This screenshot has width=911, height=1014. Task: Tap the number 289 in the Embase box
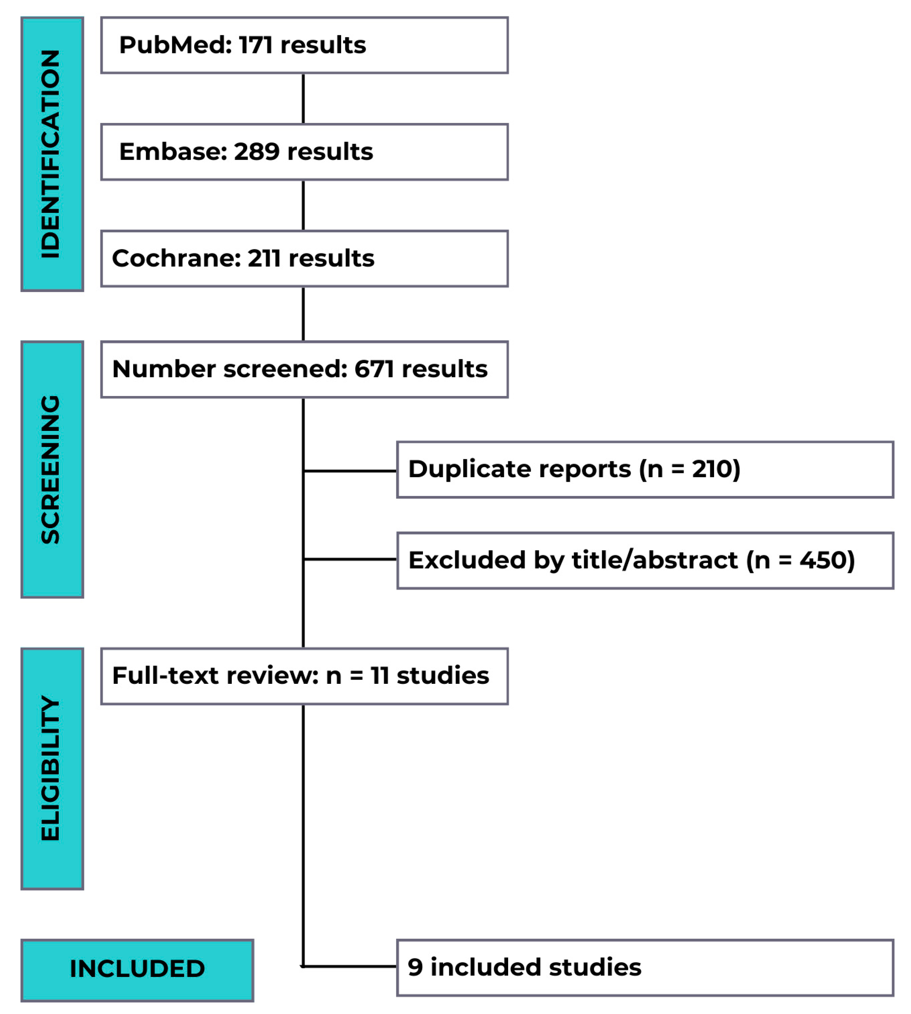tap(257, 152)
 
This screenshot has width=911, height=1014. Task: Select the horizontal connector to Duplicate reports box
tap(350, 471)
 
